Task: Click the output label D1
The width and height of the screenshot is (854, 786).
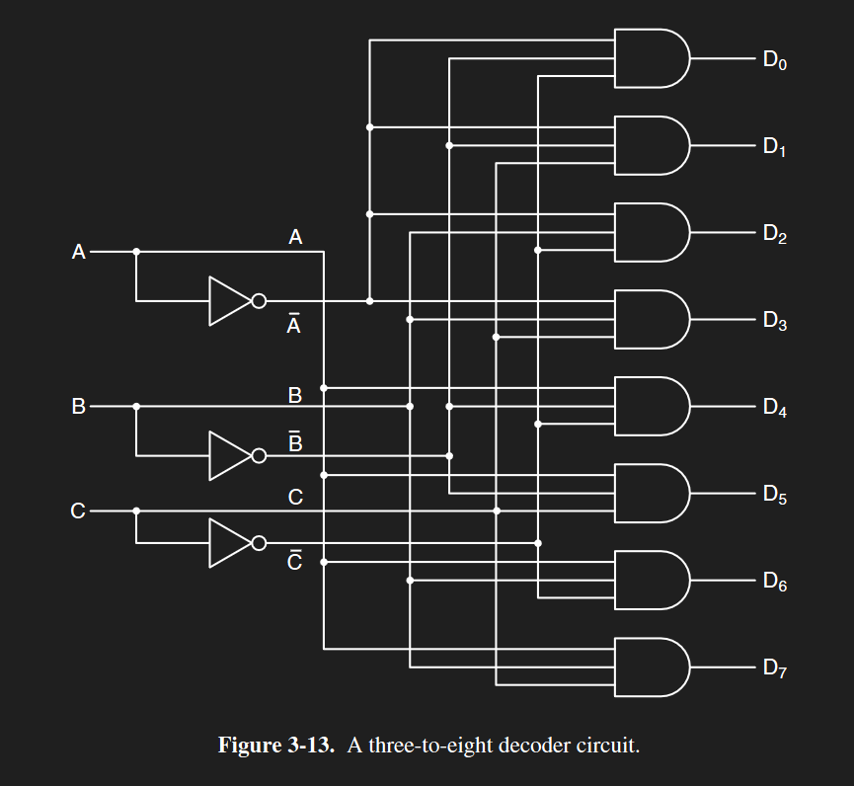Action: click(774, 147)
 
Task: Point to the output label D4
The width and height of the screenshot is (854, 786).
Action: click(774, 407)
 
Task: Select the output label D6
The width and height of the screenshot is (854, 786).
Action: click(774, 582)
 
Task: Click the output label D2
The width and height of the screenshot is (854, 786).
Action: click(774, 234)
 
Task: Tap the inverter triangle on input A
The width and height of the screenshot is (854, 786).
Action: click(228, 301)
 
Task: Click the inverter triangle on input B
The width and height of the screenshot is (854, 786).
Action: click(228, 455)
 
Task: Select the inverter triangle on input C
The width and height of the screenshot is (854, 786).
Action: click(228, 543)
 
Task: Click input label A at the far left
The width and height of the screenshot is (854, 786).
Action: click(79, 252)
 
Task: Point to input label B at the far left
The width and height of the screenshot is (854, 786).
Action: click(79, 406)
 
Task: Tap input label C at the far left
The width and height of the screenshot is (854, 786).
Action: click(78, 511)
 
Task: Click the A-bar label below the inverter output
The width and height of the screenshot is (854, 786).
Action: click(293, 324)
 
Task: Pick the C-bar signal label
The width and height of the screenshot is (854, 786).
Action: click(294, 561)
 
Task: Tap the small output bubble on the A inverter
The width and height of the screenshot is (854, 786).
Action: click(259, 301)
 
